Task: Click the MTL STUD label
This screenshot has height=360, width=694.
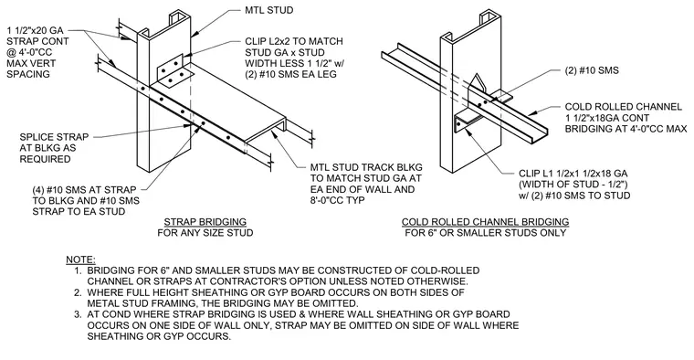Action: [x=269, y=10]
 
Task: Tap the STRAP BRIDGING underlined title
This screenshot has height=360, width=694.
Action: [x=205, y=222]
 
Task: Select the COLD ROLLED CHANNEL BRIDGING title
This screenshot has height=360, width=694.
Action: [x=485, y=222]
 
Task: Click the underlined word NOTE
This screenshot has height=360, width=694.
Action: [x=80, y=259]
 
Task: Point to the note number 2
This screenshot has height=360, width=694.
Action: [x=78, y=292]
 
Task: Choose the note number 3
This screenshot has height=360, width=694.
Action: [x=78, y=314]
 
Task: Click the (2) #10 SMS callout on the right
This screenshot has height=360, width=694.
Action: [x=592, y=70]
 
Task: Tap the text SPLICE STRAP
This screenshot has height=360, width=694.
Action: [x=55, y=137]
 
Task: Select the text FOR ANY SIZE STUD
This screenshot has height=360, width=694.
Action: [x=205, y=233]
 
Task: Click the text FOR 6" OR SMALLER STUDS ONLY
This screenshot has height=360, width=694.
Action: [x=486, y=233]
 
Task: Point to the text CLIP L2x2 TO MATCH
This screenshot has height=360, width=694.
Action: [x=294, y=41]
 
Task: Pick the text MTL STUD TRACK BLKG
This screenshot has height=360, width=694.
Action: [x=366, y=167]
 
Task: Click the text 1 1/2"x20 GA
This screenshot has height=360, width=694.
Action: [x=36, y=30]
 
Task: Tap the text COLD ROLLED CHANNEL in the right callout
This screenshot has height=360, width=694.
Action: [x=624, y=107]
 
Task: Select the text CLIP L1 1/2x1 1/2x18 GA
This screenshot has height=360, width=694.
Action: [x=573, y=174]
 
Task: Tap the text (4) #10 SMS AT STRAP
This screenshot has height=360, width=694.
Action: [x=84, y=190]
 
